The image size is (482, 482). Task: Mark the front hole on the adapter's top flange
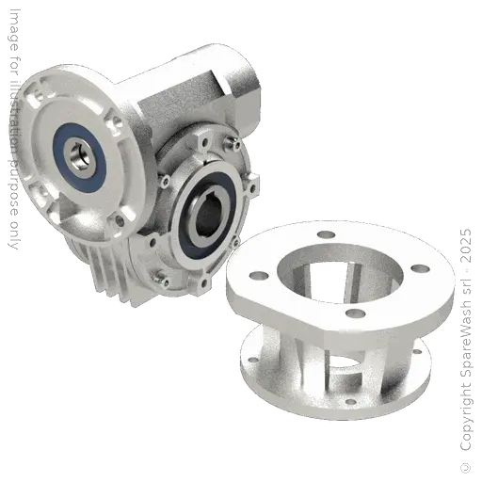tap(356, 313)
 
